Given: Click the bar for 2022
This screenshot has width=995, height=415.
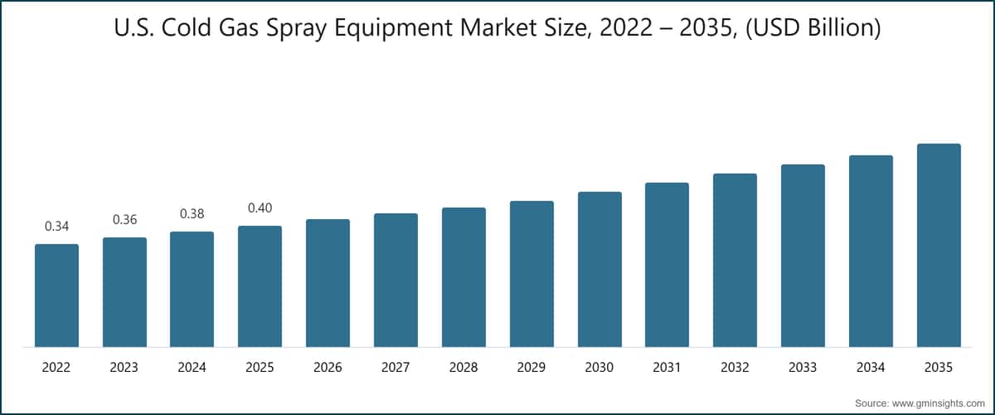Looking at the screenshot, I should coord(56,295).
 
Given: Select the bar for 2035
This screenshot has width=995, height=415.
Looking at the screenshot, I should coord(939,246).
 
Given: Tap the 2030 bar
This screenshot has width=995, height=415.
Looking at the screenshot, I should coord(599,270).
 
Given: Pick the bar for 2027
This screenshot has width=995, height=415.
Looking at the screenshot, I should coord(396,281).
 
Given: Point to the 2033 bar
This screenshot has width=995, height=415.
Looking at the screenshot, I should coord(803,256).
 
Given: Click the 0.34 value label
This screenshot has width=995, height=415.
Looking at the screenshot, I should coord(56,226).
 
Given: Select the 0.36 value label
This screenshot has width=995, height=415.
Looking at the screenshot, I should coord(124,220).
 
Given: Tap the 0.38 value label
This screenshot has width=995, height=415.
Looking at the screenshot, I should coord(192,213).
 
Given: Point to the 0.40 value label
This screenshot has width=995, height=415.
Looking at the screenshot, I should coord(260,207).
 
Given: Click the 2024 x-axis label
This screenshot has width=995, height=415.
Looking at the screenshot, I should coord(192,368).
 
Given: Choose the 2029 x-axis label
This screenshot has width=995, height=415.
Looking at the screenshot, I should coord(531,368).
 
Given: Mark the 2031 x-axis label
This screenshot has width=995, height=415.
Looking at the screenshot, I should coord(667,368).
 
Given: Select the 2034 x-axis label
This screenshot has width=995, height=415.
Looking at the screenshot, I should coord(871,368).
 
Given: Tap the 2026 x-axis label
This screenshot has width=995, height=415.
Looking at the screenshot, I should coord(328,368).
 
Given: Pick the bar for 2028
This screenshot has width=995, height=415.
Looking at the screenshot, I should coord(464,277).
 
